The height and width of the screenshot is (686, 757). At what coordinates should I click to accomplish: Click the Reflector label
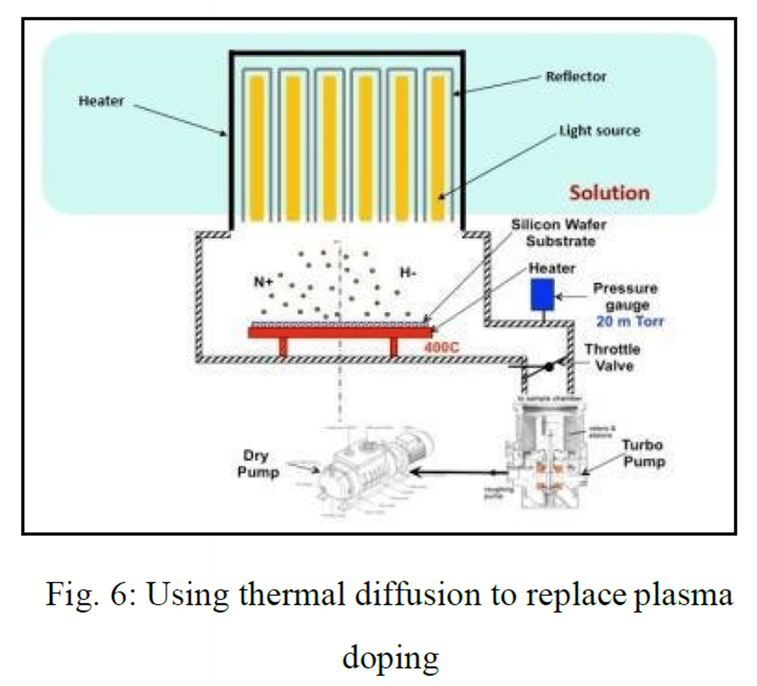click(576, 77)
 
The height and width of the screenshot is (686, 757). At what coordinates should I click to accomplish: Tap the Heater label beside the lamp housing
click(101, 101)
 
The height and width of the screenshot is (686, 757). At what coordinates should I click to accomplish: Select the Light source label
click(600, 131)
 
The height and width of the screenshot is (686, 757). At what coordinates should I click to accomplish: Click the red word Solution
click(609, 193)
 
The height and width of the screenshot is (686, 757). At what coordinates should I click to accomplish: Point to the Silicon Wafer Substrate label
click(559, 233)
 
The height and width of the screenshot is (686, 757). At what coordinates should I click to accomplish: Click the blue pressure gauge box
click(542, 294)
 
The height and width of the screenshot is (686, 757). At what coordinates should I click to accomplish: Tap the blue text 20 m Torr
click(630, 321)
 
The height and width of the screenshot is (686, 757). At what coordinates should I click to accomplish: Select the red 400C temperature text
click(441, 347)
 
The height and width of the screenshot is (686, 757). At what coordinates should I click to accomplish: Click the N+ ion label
click(263, 282)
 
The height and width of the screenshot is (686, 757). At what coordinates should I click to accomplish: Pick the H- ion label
click(408, 272)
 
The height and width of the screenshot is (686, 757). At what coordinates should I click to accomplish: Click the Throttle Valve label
click(613, 357)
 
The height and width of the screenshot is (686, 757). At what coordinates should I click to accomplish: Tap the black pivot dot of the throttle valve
click(549, 366)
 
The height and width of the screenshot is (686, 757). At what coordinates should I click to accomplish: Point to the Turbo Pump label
click(643, 453)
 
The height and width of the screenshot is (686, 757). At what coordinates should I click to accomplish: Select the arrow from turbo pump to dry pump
click(458, 472)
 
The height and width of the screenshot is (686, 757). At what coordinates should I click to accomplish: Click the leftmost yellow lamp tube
click(257, 148)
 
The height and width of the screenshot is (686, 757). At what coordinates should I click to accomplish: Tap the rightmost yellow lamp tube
click(438, 148)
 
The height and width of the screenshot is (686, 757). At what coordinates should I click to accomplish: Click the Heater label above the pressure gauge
click(552, 268)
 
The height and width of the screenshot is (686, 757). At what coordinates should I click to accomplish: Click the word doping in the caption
click(390, 658)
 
